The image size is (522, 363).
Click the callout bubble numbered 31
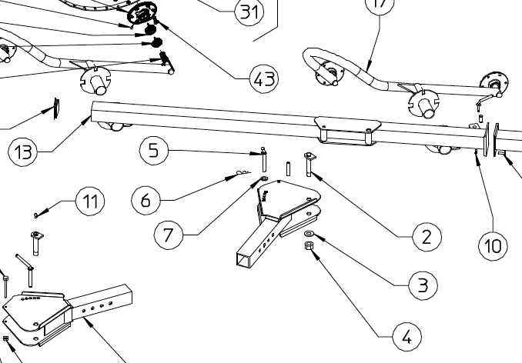(x=246, y=12)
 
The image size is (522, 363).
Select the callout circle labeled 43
(x=263, y=77)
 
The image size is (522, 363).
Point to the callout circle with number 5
(x=154, y=150)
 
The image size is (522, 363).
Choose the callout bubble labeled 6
(x=146, y=201)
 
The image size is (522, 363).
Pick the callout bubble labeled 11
(x=90, y=203)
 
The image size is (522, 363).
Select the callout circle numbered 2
(x=426, y=236)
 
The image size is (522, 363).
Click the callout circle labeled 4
(x=407, y=336)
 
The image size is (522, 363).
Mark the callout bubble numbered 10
(x=493, y=246)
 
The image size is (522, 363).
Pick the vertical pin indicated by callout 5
(x=264, y=159)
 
